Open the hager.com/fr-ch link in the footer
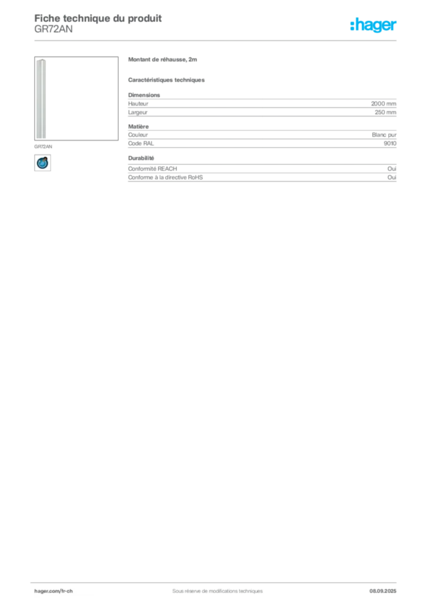(x=52, y=591)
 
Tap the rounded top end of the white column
(x=41, y=61)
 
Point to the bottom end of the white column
(x=41, y=138)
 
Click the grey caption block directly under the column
(x=44, y=144)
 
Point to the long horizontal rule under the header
(x=236, y=40)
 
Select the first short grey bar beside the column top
(x=162, y=61)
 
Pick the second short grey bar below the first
(x=167, y=80)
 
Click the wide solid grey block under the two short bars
(x=261, y=106)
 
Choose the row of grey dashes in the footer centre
(x=212, y=587)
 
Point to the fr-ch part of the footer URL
(x=64, y=591)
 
